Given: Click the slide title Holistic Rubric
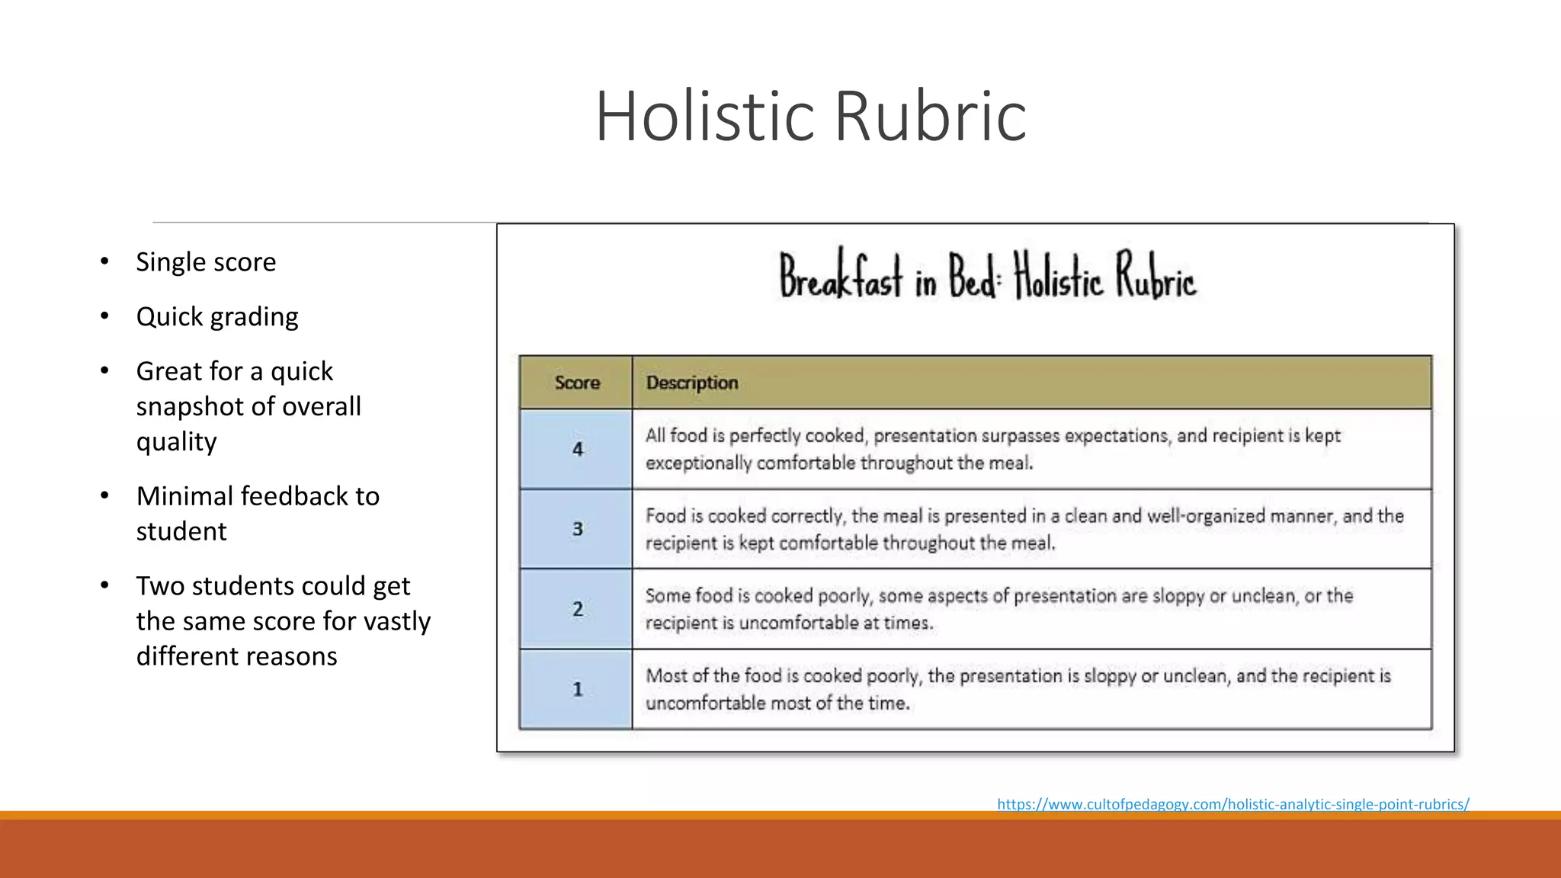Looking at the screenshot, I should pyautogui.click(x=810, y=116).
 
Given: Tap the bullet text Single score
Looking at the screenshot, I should pyautogui.click(x=206, y=262).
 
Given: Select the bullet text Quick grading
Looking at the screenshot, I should pyautogui.click(x=217, y=317).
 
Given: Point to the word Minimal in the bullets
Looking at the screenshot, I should pyautogui.click(x=185, y=496).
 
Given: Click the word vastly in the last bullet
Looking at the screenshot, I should pyautogui.click(x=397, y=621).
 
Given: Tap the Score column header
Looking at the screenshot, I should pyautogui.click(x=577, y=383).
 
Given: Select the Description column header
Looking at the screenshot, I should pyautogui.click(x=692, y=383).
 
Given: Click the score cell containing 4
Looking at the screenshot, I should pyautogui.click(x=577, y=450).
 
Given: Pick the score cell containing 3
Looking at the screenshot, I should pyautogui.click(x=577, y=529).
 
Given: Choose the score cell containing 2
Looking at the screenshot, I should pyautogui.click(x=577, y=609).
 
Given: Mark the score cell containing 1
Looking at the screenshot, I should pyautogui.click(x=577, y=689).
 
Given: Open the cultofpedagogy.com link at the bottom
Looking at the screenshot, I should pyautogui.click(x=1232, y=804).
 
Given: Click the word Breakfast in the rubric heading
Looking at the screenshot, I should pyautogui.click(x=841, y=277).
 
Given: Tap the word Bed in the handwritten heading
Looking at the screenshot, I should pyautogui.click(x=972, y=277).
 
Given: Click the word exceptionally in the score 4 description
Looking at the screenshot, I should pyautogui.click(x=698, y=463).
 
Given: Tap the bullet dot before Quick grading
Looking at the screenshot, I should pyautogui.click(x=104, y=316).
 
